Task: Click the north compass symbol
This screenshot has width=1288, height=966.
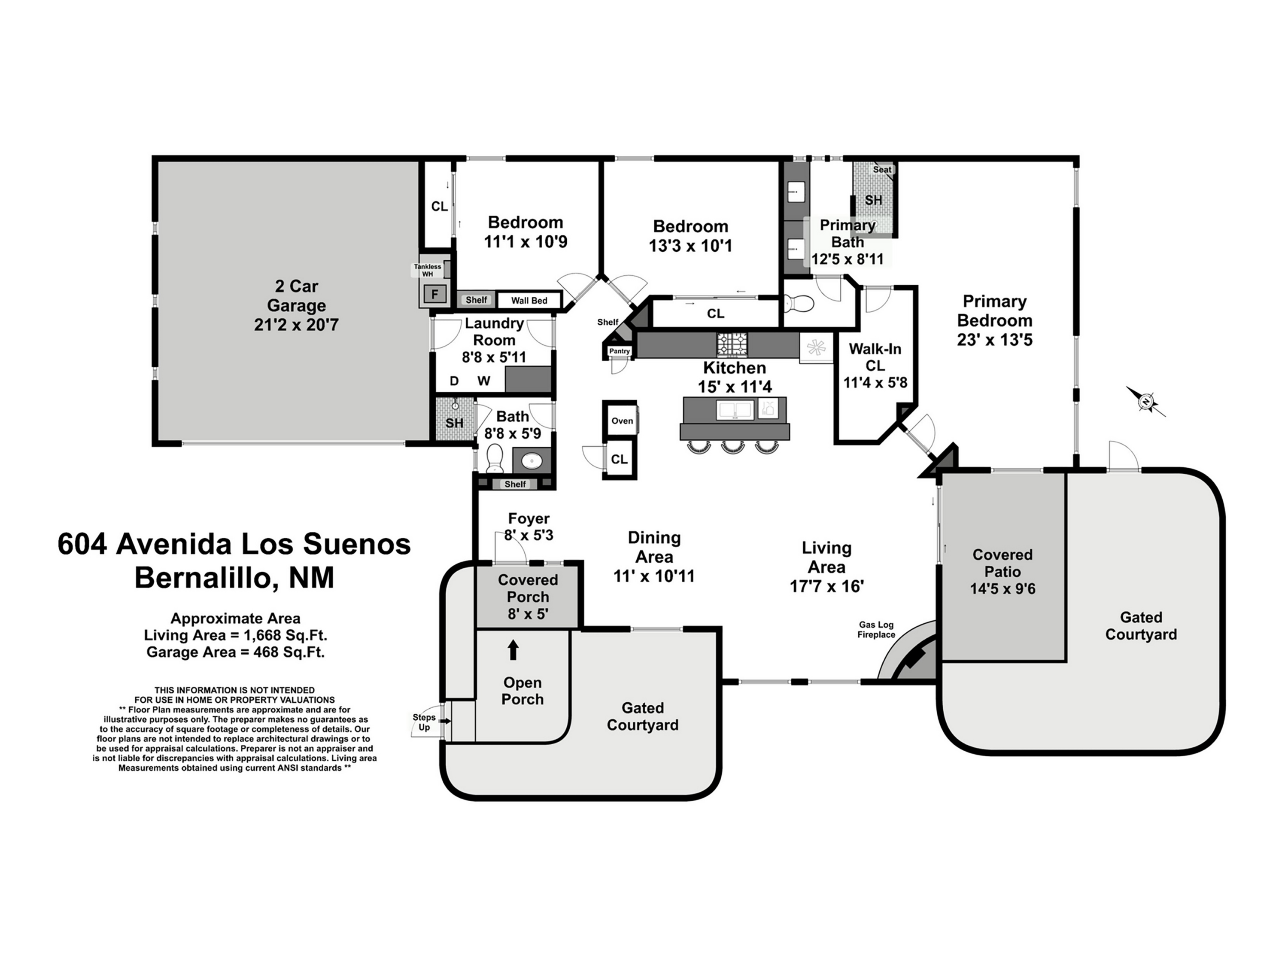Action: (1146, 402)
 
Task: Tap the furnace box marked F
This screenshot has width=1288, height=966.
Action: (434, 294)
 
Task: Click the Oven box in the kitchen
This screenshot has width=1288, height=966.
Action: (622, 421)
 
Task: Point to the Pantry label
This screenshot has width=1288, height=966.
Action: (619, 351)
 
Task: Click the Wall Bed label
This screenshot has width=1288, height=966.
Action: (529, 301)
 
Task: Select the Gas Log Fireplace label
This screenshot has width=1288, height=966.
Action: (876, 630)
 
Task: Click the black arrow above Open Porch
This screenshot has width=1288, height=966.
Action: (513, 649)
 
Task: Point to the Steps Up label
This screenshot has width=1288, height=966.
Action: (424, 722)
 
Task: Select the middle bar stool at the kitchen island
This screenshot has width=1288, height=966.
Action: (732, 446)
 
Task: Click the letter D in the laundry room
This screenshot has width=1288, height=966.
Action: (454, 381)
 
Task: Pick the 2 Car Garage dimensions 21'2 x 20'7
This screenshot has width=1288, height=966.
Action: (296, 325)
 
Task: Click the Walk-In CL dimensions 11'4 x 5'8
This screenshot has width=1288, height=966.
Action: (875, 382)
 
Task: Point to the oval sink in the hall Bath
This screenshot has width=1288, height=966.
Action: (532, 461)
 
